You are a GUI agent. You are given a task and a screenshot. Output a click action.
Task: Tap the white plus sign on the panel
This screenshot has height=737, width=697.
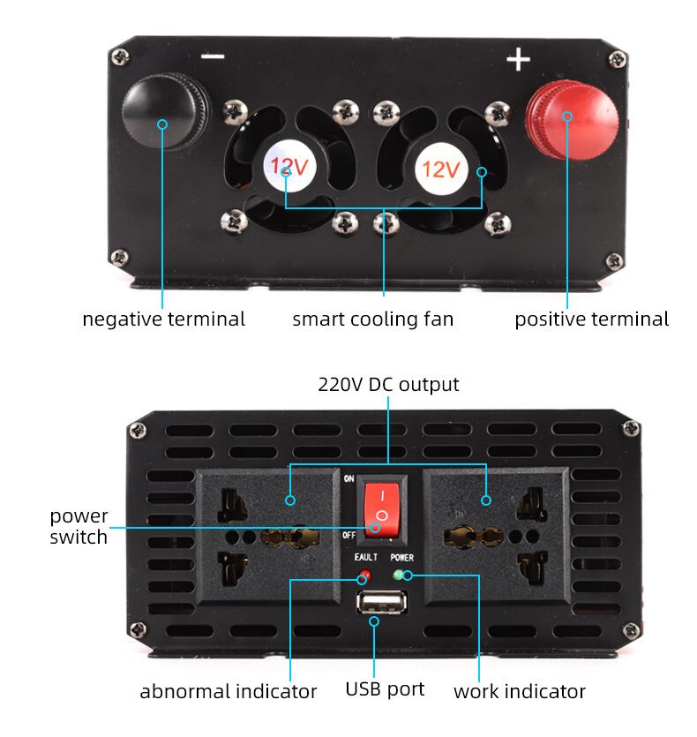pos(518,59)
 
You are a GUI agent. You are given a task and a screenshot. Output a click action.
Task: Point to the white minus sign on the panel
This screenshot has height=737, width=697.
pos(213,56)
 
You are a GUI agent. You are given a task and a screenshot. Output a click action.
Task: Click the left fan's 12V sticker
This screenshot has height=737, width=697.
pos(289,166)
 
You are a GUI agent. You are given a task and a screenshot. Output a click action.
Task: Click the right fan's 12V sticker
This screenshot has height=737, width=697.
pos(441,169)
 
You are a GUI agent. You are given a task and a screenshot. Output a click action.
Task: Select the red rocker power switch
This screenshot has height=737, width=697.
pos(382,509)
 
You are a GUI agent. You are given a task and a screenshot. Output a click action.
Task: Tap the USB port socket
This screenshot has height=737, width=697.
pos(382,602)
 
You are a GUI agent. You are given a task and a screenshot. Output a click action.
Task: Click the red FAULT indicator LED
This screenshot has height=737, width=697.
pos(364,575)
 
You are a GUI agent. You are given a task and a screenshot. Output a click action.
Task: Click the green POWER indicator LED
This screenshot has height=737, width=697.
pos(398,575)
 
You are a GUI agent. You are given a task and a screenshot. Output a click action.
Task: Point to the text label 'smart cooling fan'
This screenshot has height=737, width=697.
pos(372,320)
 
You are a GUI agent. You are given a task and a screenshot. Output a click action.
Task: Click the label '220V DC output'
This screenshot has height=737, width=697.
pos(388,385)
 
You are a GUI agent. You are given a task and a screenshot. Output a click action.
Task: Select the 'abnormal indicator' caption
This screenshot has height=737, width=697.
pos(229,691)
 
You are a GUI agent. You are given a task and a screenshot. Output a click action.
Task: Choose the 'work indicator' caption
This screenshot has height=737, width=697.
pos(520,691)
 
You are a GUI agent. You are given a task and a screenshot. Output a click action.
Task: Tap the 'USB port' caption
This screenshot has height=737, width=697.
pos(385,689)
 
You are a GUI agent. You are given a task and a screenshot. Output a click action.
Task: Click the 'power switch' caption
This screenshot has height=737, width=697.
pos(79,526)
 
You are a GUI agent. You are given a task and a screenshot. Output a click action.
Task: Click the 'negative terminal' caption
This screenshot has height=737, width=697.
pos(163,320)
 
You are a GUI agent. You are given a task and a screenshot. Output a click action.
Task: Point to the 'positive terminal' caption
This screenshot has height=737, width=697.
pos(592,320)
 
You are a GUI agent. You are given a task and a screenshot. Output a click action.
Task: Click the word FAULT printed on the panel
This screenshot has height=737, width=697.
pos(365,557)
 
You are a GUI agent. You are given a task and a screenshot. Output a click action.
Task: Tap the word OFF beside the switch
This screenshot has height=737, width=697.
pos(348,535)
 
